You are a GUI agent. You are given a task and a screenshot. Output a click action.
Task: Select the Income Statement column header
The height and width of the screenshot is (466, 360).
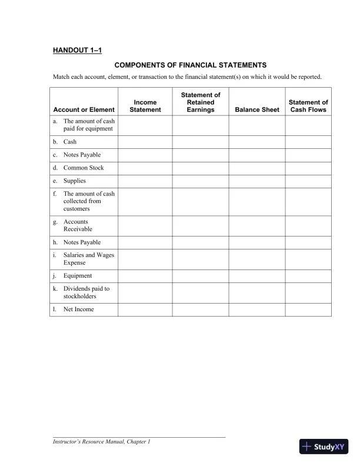click(145, 106)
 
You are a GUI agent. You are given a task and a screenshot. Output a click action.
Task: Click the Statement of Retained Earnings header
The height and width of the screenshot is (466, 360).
click(200, 102)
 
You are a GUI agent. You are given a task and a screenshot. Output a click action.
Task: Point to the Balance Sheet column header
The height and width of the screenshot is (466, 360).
click(256, 110)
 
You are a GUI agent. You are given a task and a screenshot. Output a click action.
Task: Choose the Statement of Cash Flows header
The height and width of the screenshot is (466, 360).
click(308, 106)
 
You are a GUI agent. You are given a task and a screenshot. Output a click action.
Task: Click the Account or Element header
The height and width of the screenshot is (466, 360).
click(84, 110)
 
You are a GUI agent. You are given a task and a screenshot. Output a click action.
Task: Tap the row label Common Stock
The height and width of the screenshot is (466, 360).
click(84, 168)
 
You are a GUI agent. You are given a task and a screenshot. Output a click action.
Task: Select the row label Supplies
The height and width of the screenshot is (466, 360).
click(75, 181)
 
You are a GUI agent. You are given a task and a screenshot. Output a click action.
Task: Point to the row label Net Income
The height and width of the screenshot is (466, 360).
click(78, 309)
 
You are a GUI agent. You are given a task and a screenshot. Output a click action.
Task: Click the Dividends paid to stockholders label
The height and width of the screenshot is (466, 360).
click(86, 292)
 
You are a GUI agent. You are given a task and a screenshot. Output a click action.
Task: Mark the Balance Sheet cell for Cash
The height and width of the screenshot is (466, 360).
click(256, 142)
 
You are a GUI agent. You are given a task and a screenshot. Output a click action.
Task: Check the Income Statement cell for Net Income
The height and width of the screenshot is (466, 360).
click(145, 309)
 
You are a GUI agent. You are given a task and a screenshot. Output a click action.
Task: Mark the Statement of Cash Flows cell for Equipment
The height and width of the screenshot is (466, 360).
click(308, 275)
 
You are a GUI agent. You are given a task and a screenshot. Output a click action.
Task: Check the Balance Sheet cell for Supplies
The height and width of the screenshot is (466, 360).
click(256, 181)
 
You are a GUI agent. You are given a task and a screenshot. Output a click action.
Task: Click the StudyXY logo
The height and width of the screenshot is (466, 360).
click(324, 447)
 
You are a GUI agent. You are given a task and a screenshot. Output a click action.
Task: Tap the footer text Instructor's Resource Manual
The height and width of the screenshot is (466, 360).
click(102, 442)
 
